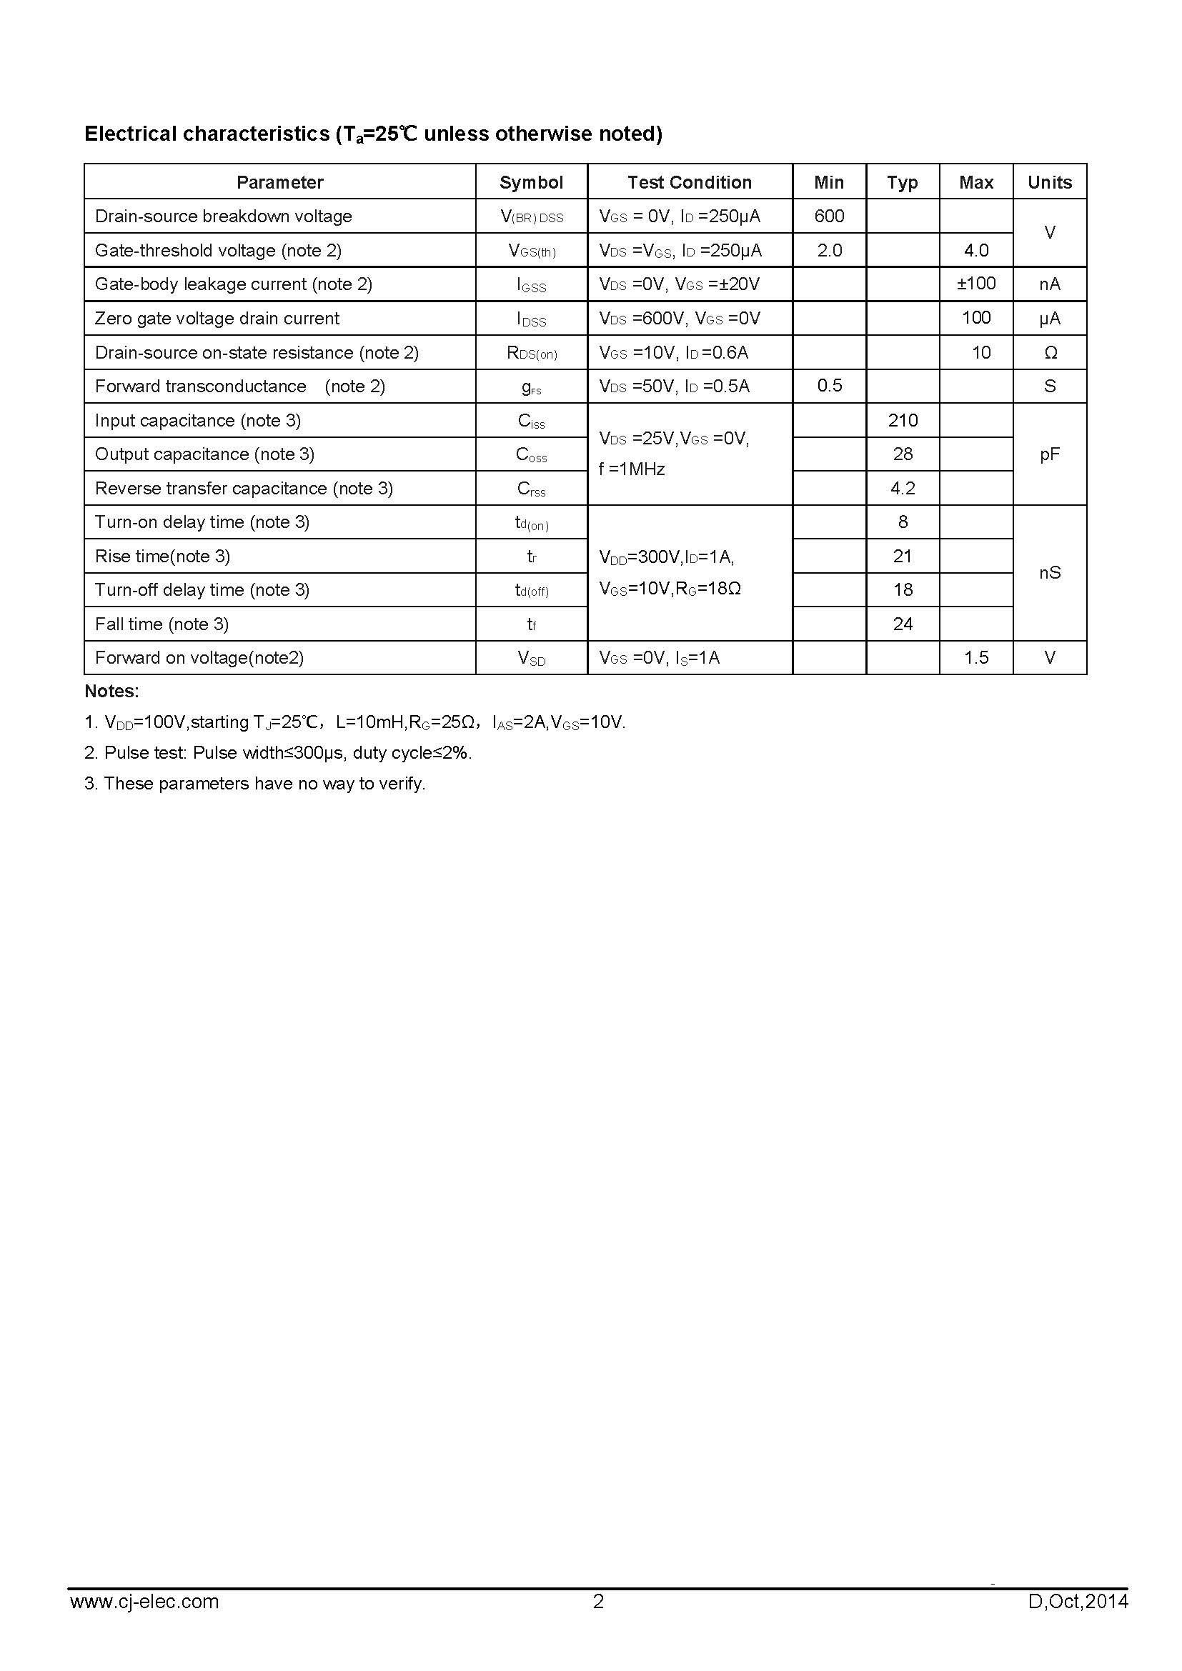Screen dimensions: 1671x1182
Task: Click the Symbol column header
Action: click(x=531, y=182)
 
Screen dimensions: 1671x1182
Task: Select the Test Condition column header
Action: click(x=689, y=182)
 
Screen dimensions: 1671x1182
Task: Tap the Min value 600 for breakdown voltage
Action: click(x=829, y=216)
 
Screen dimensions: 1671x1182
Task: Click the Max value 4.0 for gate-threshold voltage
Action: click(x=976, y=250)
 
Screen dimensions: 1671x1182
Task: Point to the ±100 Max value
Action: click(x=976, y=283)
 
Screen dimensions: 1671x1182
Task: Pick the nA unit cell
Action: click(x=1050, y=284)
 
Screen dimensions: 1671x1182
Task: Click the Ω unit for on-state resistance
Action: click(x=1051, y=353)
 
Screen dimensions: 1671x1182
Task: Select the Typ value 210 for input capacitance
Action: click(x=903, y=420)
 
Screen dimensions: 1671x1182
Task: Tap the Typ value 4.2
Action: click(x=903, y=489)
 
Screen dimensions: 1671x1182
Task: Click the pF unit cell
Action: click(x=1050, y=454)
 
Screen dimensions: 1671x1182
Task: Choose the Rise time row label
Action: click(x=162, y=556)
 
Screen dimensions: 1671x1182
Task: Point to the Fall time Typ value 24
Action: click(x=903, y=624)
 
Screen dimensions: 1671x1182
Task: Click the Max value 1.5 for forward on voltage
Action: click(x=976, y=658)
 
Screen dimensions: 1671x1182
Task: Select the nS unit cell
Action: click(x=1050, y=573)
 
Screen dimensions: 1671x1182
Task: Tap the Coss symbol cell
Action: click(x=531, y=455)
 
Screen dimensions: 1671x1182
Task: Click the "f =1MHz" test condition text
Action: click(x=631, y=469)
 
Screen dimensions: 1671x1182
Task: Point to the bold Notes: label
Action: click(x=111, y=691)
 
